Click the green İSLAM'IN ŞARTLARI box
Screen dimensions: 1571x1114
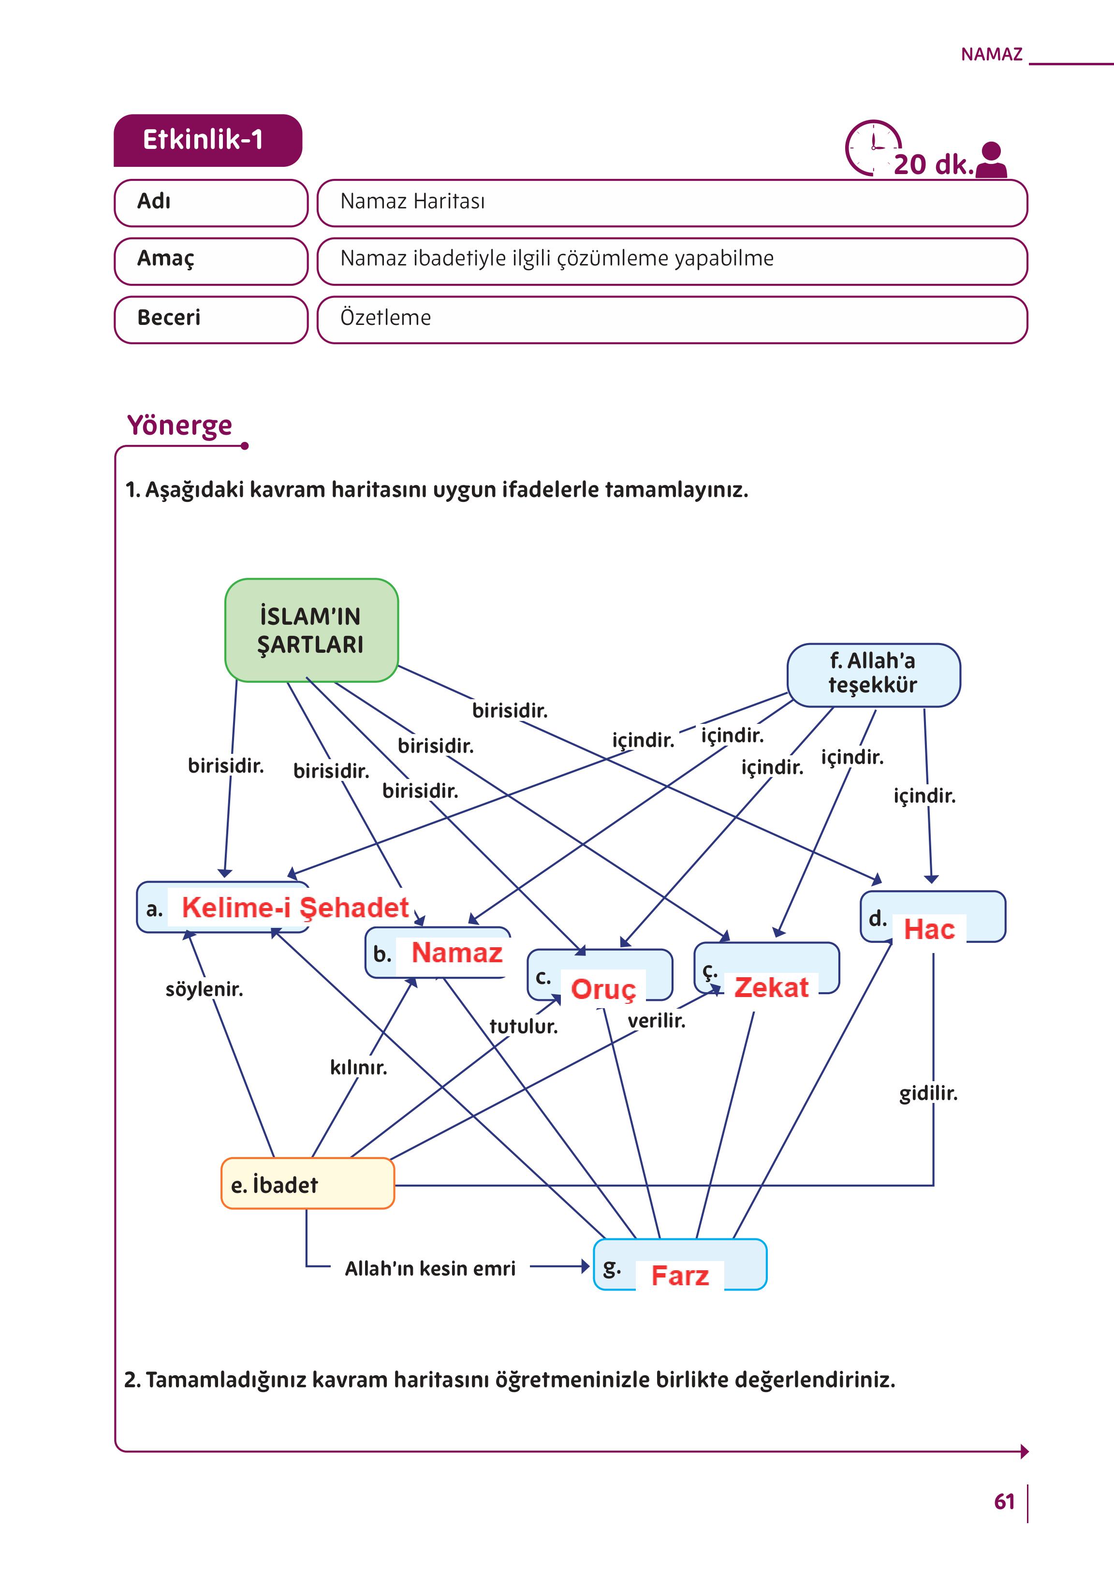(311, 630)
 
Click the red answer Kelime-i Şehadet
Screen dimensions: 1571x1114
(295, 908)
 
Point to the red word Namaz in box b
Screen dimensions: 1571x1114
(457, 953)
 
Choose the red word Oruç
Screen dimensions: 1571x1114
(603, 989)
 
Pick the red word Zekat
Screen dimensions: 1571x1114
(771, 987)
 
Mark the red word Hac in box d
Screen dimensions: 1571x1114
(929, 929)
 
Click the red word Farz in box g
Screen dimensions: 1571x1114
(679, 1276)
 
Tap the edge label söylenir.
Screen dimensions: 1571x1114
(204, 989)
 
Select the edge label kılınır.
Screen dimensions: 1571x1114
(358, 1068)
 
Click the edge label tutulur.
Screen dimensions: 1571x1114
(523, 1026)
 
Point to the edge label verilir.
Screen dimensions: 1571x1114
(657, 1021)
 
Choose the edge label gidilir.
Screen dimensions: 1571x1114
(928, 1094)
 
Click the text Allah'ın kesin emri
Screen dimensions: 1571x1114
(430, 1268)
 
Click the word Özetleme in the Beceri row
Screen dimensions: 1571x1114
(385, 318)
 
